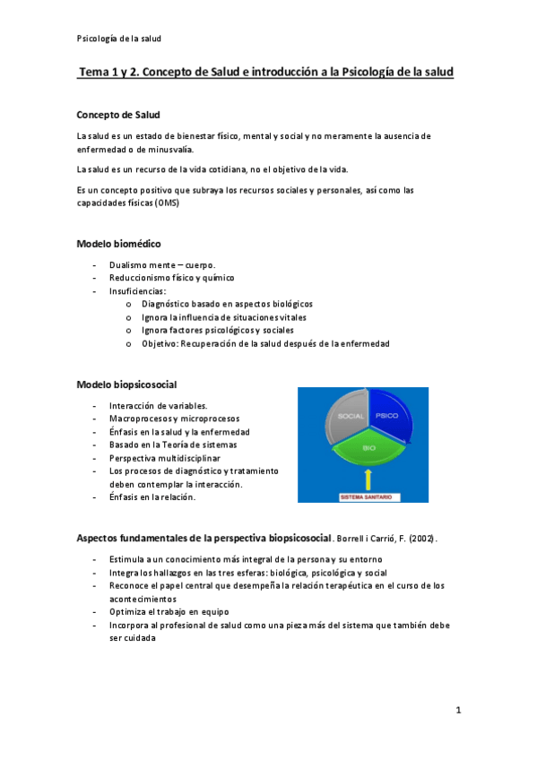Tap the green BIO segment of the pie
click(x=368, y=445)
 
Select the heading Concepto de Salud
click(x=118, y=115)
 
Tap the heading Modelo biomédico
click(x=118, y=244)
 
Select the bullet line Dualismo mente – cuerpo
click(x=161, y=265)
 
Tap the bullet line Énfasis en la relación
click(x=152, y=497)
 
